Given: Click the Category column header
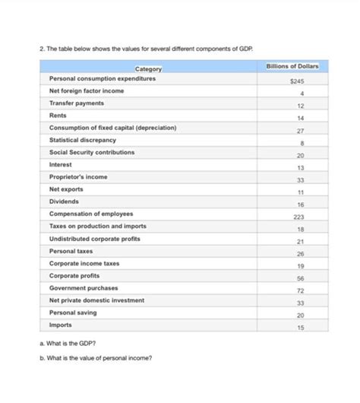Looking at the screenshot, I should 148,70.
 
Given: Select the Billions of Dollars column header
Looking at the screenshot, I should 292,67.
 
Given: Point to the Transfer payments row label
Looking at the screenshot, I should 77,103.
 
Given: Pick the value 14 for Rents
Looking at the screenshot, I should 301,118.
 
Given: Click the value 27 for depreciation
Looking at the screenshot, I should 301,130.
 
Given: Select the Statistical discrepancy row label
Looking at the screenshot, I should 82,140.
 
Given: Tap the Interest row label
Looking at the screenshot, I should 61,164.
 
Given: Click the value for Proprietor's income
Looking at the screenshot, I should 301,179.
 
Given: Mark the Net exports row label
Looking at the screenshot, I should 66,189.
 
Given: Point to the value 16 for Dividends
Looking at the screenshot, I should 301,204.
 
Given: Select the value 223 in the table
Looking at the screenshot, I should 299,217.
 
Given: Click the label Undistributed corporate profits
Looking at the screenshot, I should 93,238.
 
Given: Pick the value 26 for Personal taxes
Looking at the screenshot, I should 301,253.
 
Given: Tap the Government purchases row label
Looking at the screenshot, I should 84,287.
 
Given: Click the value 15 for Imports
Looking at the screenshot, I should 301,327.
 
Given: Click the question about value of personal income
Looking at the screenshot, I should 99,358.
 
